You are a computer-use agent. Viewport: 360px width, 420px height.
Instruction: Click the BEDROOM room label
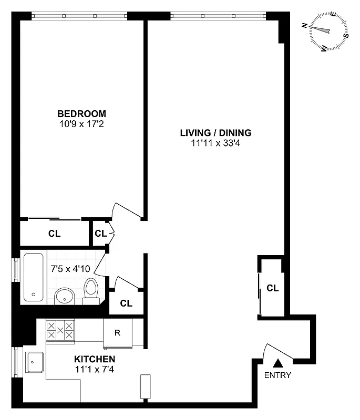tap(81, 113)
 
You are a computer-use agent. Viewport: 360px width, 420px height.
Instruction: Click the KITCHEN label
tap(94, 359)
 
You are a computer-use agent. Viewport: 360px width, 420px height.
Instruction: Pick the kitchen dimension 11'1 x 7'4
tap(94, 369)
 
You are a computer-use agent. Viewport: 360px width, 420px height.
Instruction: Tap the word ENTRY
tap(277, 375)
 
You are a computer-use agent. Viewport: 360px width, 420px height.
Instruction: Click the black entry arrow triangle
tap(278, 362)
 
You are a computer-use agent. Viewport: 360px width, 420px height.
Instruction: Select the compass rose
tap(328, 32)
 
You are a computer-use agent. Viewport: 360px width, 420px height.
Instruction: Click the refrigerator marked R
tap(118, 332)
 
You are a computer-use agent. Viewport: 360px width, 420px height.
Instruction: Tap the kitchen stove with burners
tap(60, 331)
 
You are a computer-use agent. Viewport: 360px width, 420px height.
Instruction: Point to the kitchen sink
tap(35, 362)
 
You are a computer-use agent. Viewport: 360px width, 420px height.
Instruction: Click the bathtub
tap(33, 277)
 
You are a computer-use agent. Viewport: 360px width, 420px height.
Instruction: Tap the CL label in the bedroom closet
tap(54, 234)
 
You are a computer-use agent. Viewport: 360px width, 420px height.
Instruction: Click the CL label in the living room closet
tap(272, 288)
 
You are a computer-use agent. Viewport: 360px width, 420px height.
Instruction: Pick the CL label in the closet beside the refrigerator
tap(126, 303)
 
